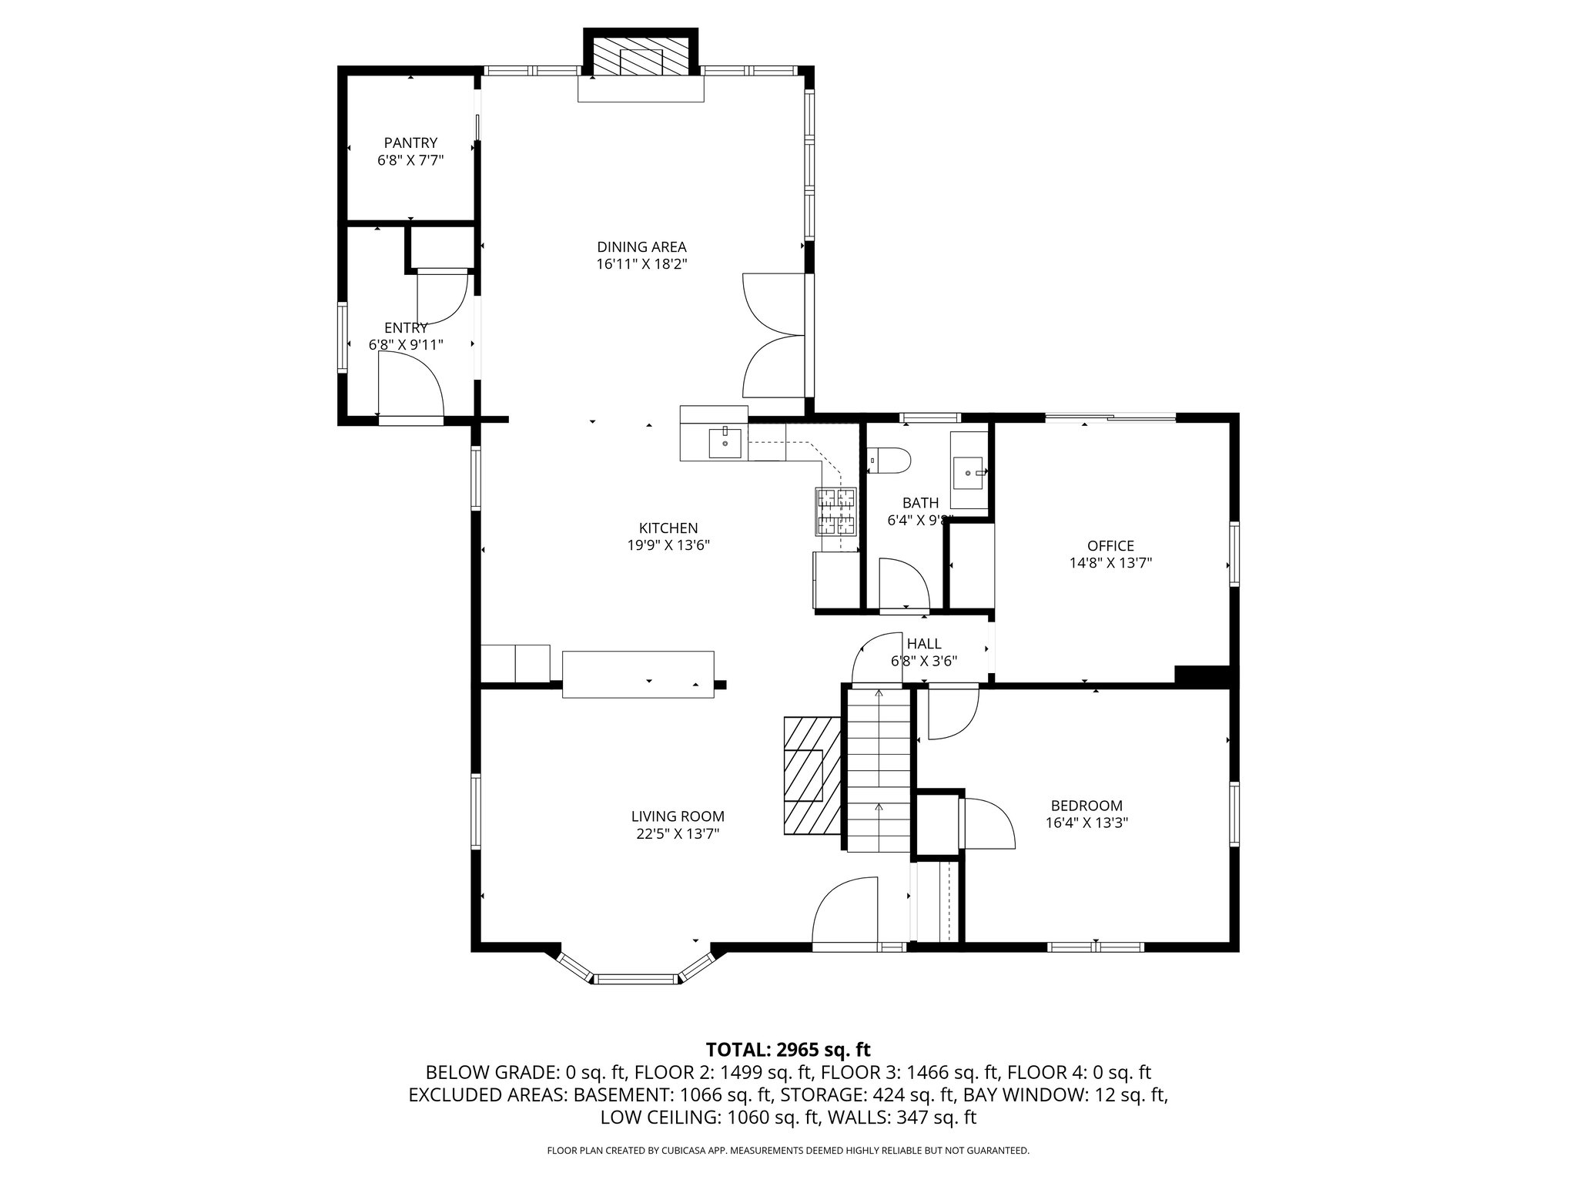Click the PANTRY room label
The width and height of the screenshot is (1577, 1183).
click(410, 143)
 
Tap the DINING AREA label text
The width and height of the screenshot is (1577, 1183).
click(641, 247)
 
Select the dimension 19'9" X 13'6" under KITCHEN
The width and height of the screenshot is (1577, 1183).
click(668, 545)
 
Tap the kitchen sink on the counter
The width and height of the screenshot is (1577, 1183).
click(725, 443)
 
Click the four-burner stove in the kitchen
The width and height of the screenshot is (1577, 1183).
click(837, 511)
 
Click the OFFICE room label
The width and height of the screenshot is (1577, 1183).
click(1110, 546)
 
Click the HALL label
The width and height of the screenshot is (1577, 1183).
click(924, 644)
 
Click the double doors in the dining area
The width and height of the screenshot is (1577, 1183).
click(774, 335)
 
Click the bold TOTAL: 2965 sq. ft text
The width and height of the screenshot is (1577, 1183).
click(788, 1049)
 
